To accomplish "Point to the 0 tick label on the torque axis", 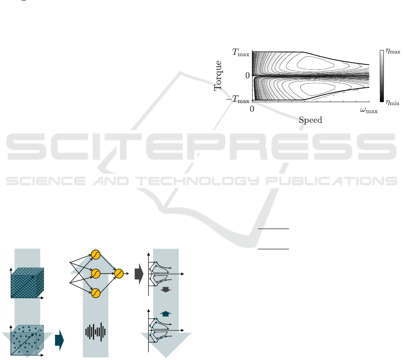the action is point(247,76).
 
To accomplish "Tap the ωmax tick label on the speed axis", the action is point(369,110).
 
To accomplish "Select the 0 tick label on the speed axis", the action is point(253,110).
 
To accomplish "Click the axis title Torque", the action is point(219,76).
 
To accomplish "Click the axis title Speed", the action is point(311,120).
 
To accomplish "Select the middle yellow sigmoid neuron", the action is point(95,273).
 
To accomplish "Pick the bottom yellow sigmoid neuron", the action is point(95,293).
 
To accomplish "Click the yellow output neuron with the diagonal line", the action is point(119,273).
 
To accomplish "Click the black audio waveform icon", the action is point(95,332).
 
